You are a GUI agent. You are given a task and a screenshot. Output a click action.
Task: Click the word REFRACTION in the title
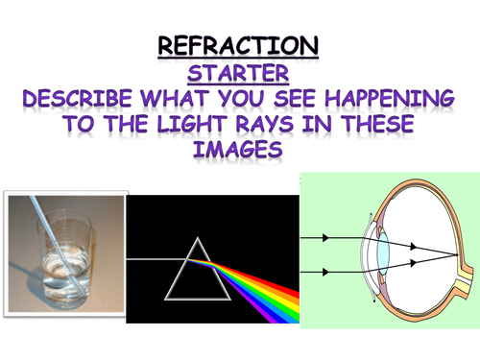[239, 45]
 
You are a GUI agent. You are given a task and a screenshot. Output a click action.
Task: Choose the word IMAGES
[240, 155]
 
